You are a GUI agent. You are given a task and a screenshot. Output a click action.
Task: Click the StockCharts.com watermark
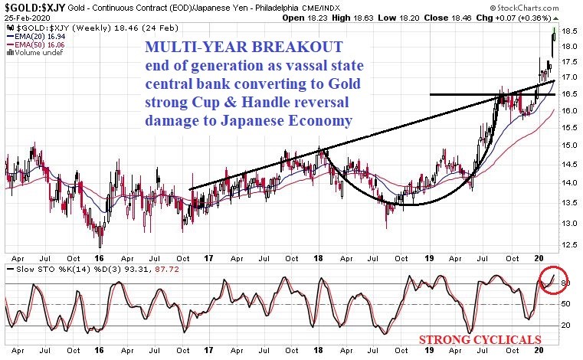point(536,16)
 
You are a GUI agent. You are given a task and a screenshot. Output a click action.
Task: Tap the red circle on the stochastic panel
point(552,280)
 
